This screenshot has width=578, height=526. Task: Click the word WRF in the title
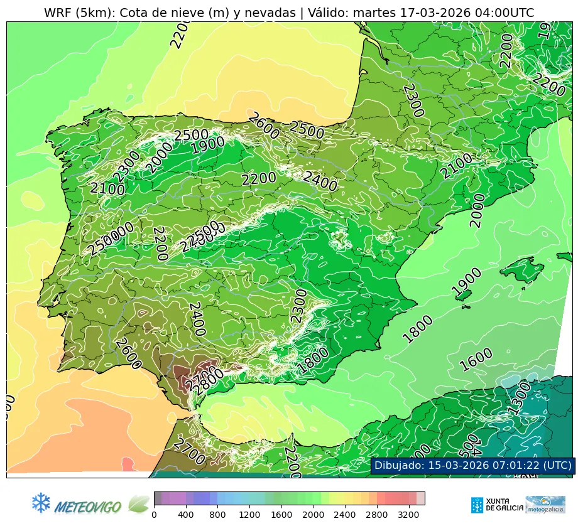coord(58,13)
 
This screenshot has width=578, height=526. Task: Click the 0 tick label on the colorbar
coord(154,515)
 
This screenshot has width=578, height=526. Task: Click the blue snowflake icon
coord(41,502)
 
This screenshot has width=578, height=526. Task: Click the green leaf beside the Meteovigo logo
coord(138,503)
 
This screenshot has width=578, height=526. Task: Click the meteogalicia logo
coord(545,505)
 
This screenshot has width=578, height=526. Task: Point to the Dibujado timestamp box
coord(472,465)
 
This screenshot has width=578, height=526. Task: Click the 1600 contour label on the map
coord(476,360)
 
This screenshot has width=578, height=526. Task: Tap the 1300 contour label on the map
coord(519,402)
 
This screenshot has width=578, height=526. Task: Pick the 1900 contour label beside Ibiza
coord(467,282)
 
